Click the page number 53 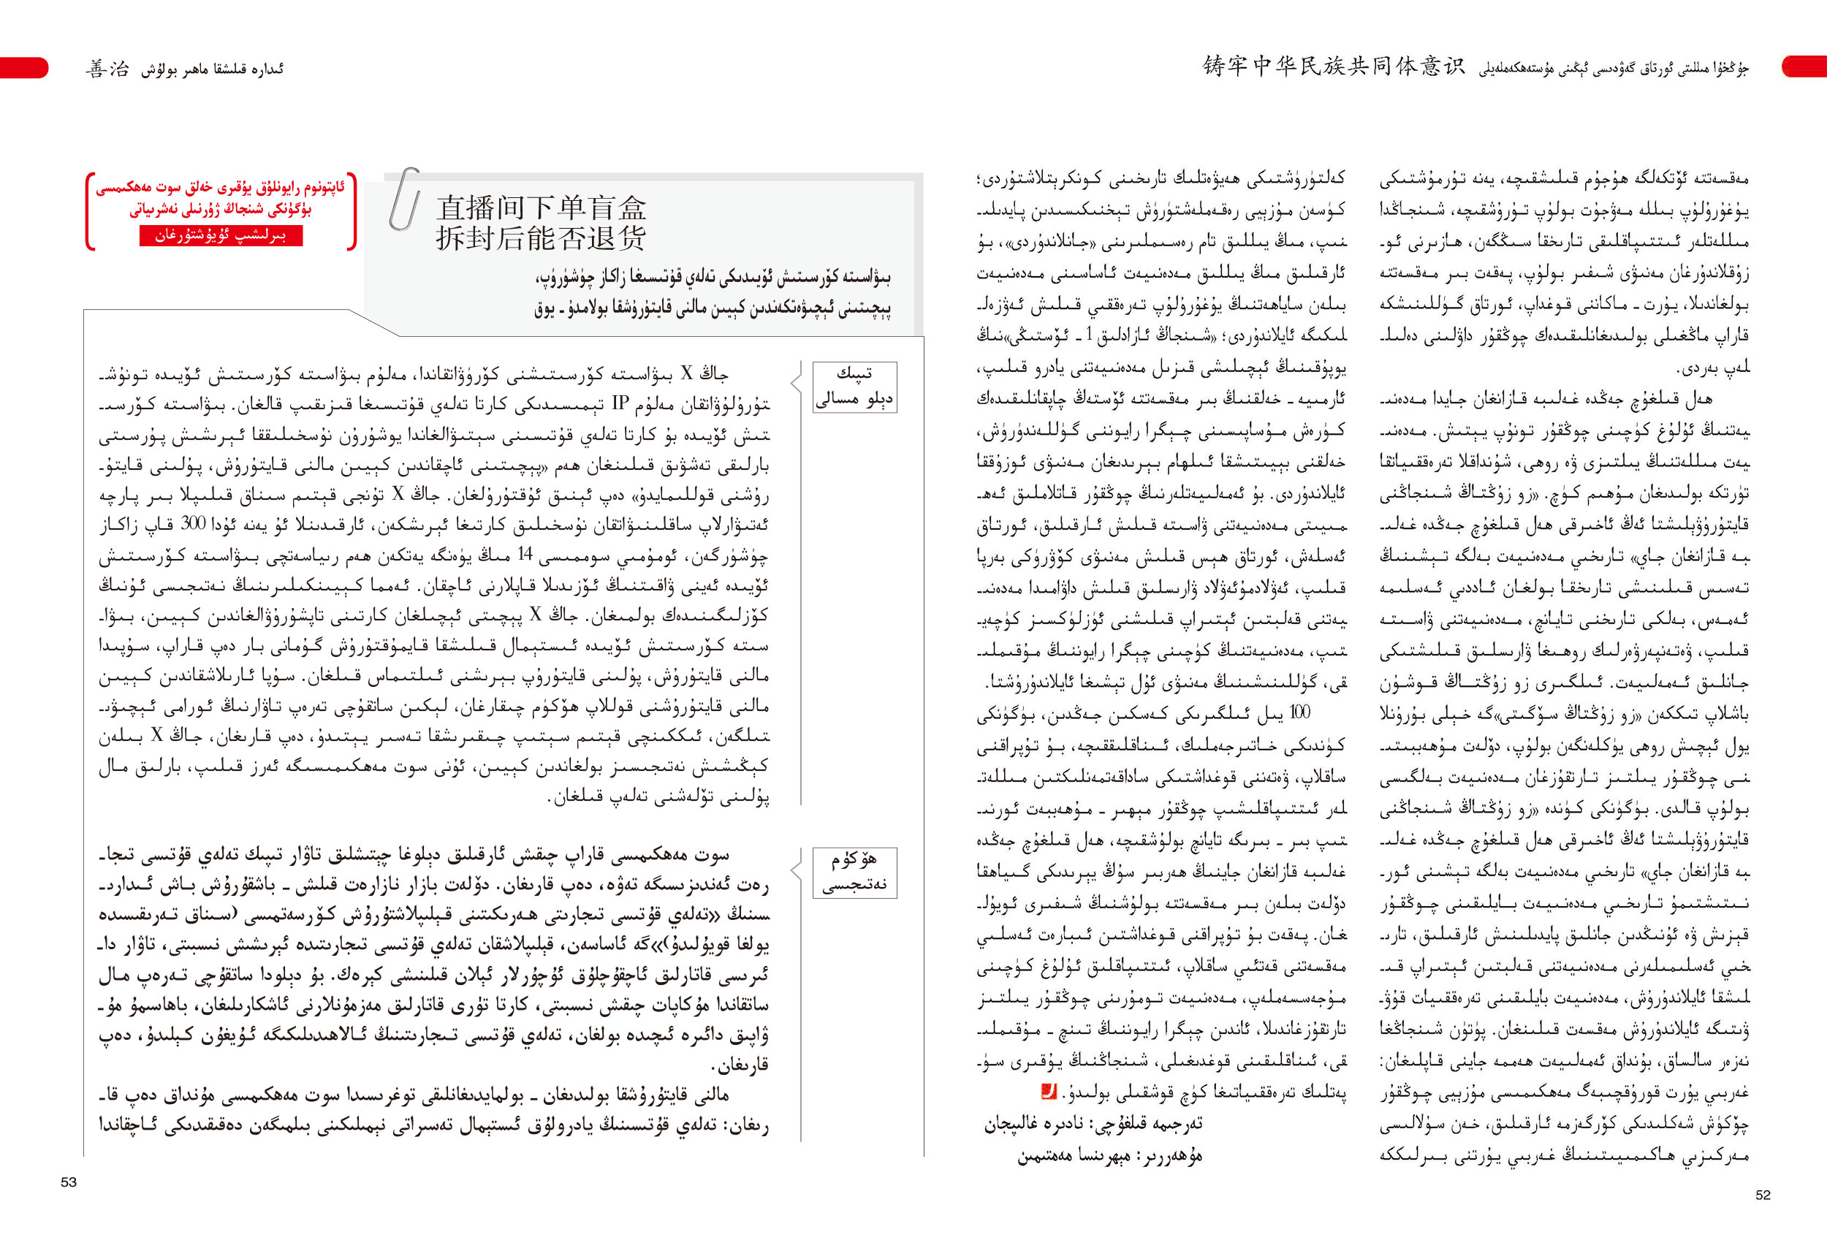point(69,1182)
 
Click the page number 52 point(1763,1195)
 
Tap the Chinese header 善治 point(107,69)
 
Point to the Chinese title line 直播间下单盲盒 point(542,208)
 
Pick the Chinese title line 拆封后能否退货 point(542,238)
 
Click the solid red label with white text point(221,236)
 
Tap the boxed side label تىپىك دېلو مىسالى point(854,387)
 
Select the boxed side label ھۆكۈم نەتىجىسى point(854,872)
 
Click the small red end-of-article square point(1048,1091)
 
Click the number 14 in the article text point(525,555)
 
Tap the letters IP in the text point(620,404)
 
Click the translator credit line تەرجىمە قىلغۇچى point(1093,1124)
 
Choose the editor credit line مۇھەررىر point(1109,1156)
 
